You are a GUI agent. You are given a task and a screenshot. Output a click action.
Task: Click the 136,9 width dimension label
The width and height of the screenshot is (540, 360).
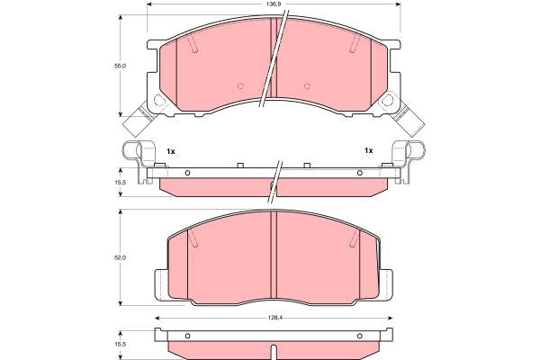tap(272, 4)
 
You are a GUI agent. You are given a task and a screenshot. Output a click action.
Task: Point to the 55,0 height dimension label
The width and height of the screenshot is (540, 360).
tap(121, 66)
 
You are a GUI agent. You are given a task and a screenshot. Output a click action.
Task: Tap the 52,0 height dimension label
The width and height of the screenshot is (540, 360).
tap(121, 257)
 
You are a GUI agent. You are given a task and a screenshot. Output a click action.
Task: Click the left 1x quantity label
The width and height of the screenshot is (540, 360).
tap(171, 151)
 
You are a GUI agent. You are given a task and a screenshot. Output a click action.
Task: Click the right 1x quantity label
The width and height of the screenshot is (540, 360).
tap(369, 150)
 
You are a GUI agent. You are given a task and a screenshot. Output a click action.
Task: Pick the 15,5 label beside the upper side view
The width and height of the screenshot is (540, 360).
tap(121, 182)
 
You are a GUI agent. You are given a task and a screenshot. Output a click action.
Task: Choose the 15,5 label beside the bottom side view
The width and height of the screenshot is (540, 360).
tap(121, 344)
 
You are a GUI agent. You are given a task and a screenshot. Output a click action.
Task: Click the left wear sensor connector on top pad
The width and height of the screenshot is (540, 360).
tap(139, 121)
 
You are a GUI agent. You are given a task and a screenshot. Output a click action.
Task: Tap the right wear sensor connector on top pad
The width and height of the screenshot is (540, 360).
tap(409, 120)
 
